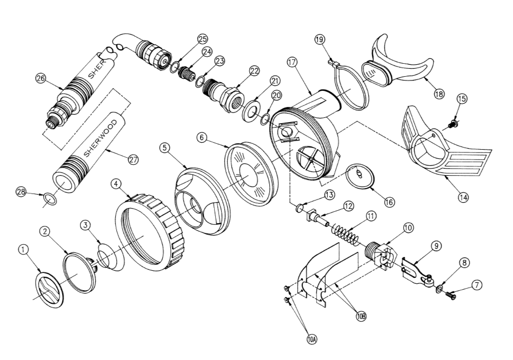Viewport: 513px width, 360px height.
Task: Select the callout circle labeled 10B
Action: point(361,317)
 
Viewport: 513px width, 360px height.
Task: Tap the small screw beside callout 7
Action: point(450,295)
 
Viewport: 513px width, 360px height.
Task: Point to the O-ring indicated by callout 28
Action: point(50,198)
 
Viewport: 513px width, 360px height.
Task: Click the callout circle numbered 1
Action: point(23,249)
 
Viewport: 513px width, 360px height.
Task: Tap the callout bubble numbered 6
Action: point(201,138)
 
